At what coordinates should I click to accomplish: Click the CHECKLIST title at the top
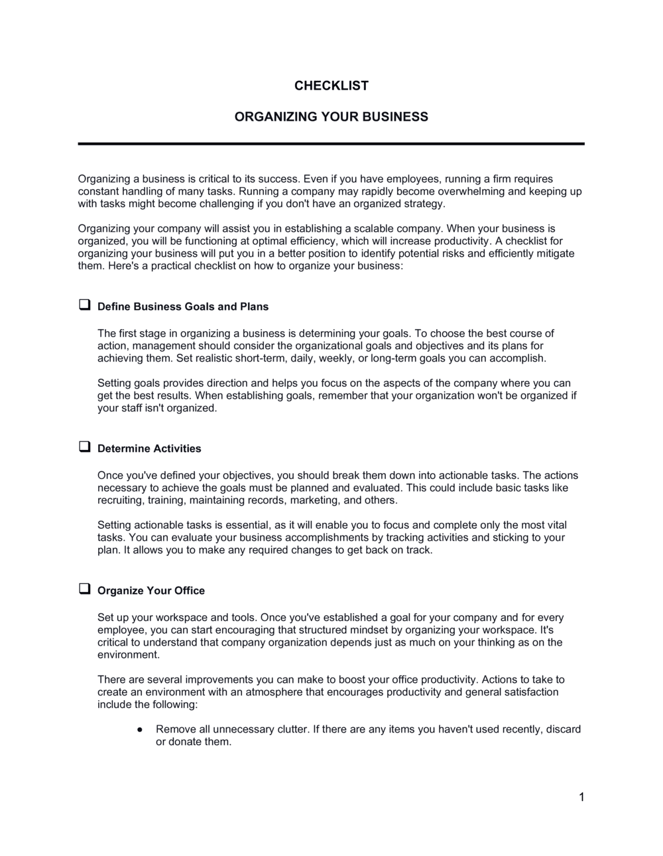coord(331,86)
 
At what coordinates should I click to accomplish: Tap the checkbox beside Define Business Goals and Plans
coord(85,305)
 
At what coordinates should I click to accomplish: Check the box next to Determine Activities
coord(85,447)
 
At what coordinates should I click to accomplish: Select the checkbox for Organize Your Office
coord(85,589)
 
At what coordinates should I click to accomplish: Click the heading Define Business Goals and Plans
coord(182,307)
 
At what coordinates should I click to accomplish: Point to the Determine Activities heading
coord(149,449)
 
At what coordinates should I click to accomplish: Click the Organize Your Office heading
coord(151,591)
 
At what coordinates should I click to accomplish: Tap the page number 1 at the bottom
coord(581,797)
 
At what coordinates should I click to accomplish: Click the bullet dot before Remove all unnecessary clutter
coord(139,729)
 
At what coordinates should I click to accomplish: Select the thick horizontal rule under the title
coord(331,143)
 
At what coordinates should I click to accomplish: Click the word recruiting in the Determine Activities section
coord(120,500)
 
